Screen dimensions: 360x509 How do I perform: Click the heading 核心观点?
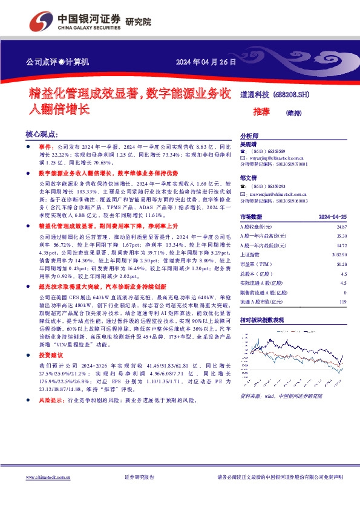click(42, 134)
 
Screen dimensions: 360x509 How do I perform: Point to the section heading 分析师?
click(249, 137)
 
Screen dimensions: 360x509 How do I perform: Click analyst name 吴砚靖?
click(248, 145)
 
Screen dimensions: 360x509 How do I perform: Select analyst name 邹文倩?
click(248, 178)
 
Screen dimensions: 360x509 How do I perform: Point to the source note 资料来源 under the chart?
click(250, 395)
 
